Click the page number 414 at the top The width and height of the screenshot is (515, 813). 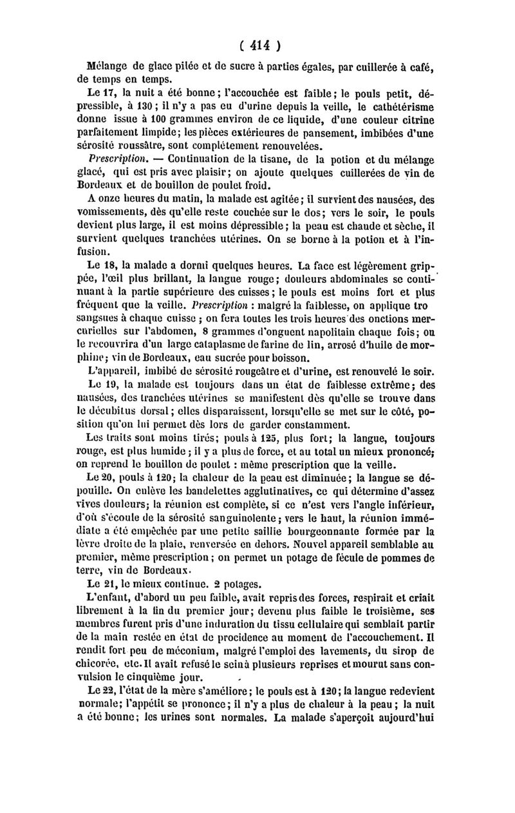click(257, 46)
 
